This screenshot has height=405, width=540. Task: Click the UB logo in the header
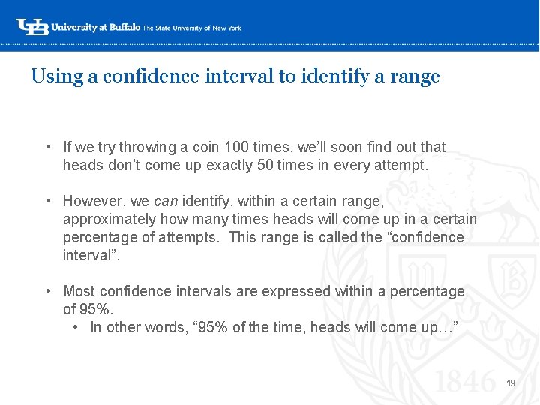pyautogui.click(x=32, y=27)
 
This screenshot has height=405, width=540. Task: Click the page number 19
pyautogui.click(x=511, y=383)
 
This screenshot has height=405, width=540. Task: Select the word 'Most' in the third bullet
pyautogui.click(x=79, y=291)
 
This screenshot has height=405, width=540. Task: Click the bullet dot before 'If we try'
pyautogui.click(x=47, y=147)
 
